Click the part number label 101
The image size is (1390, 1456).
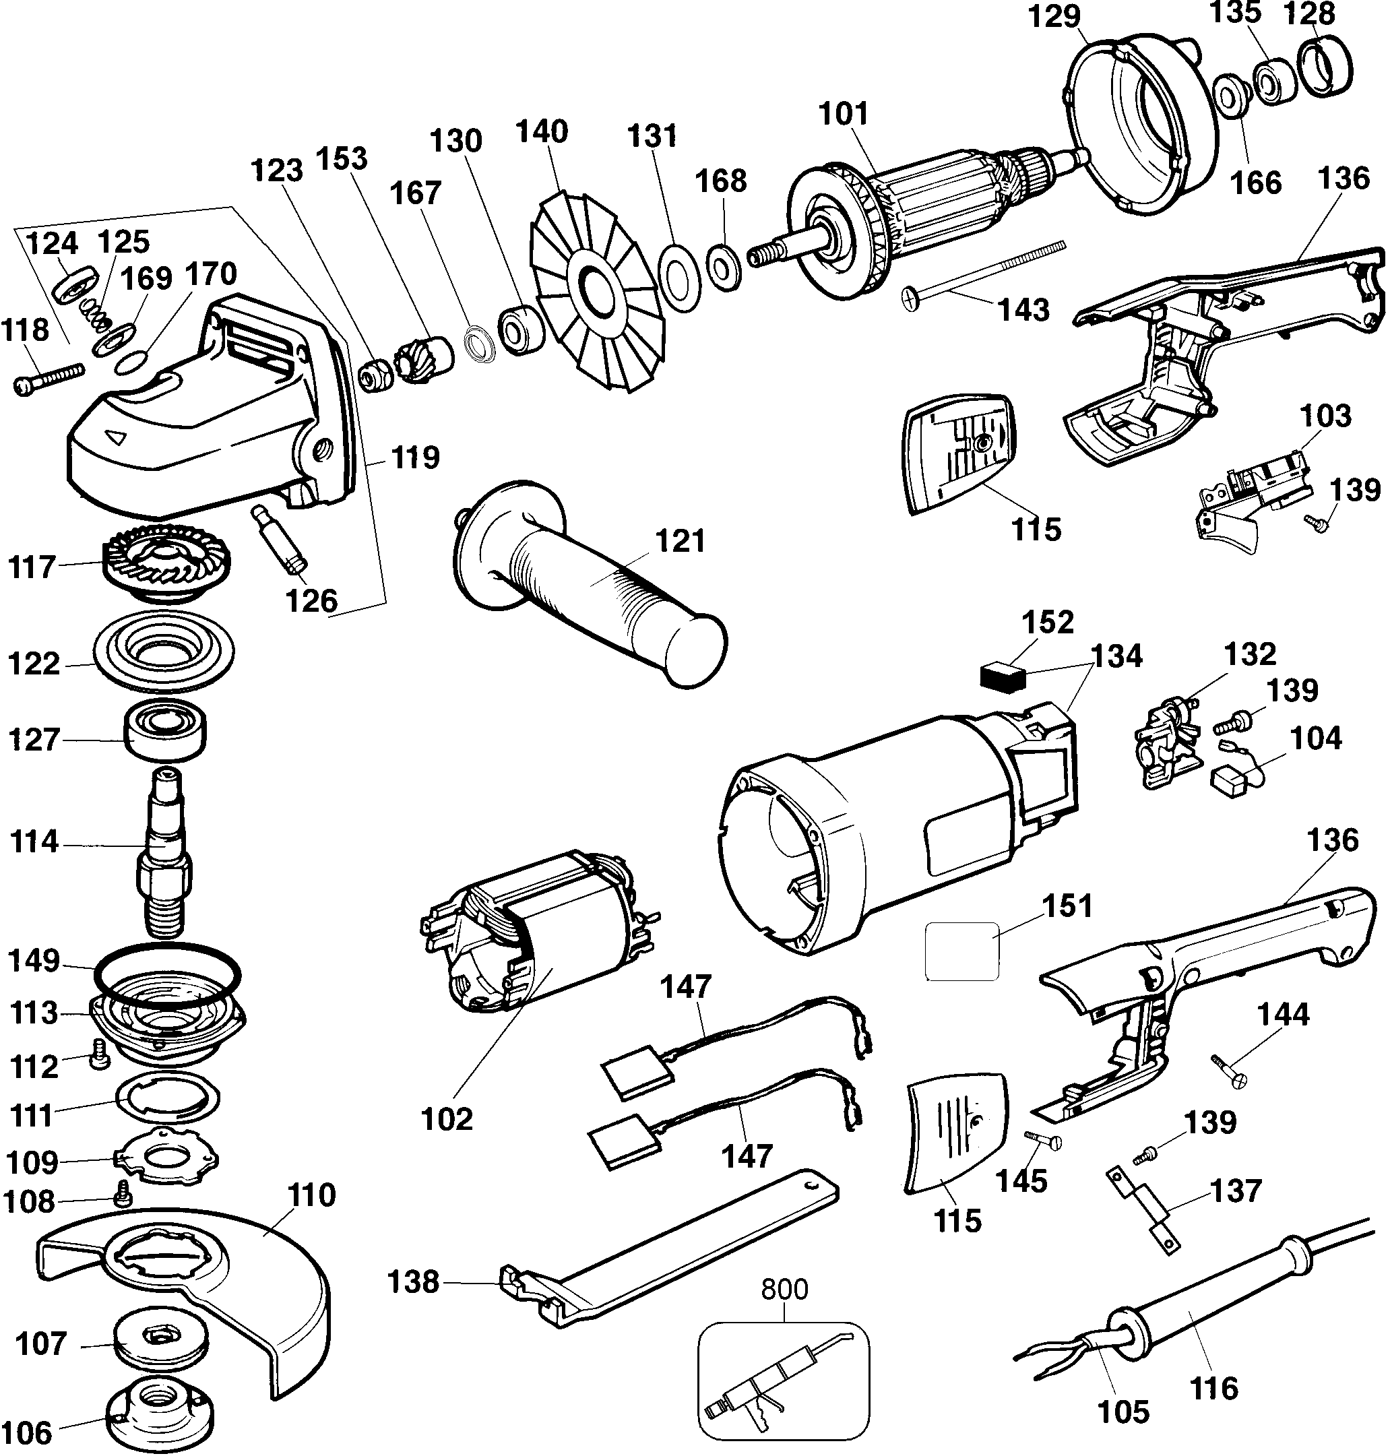(x=843, y=115)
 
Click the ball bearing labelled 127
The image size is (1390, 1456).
(x=164, y=730)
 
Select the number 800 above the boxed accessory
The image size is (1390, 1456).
(x=785, y=1290)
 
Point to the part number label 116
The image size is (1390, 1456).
(x=1213, y=1388)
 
